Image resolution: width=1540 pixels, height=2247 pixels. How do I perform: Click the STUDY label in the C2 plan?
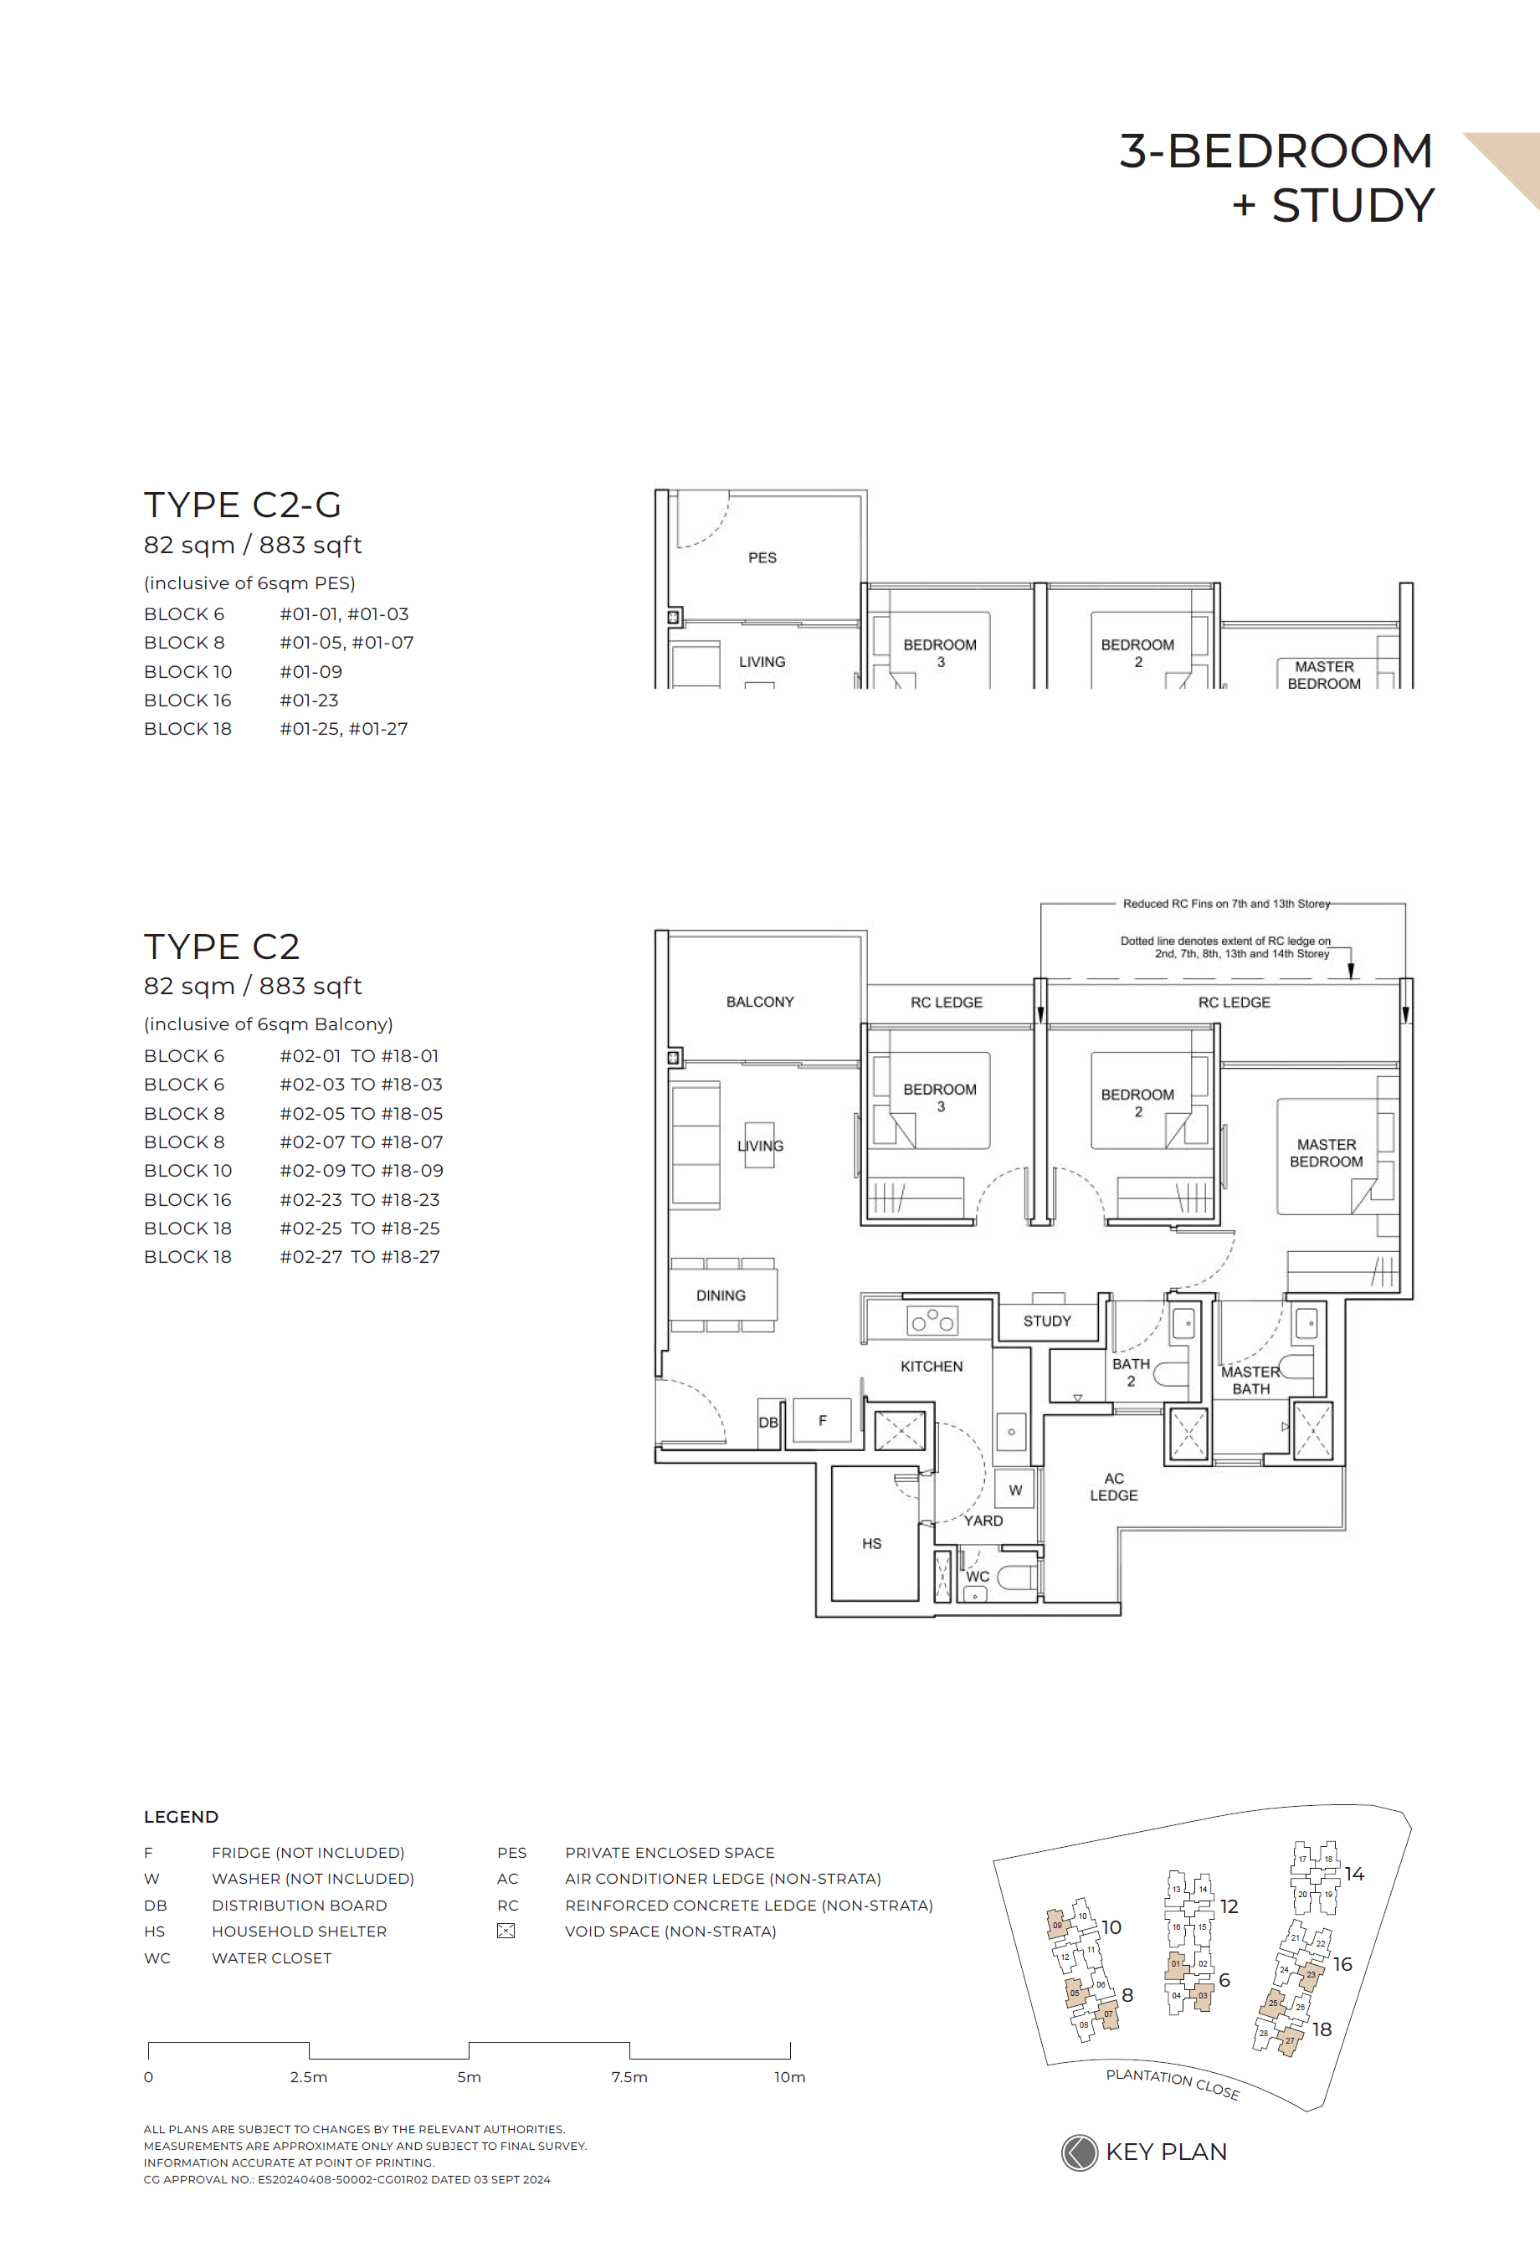1047,1321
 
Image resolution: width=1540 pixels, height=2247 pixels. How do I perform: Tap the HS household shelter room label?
871,1543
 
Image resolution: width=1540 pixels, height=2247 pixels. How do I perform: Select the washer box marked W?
1015,1490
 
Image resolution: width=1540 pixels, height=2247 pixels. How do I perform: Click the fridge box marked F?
822,1420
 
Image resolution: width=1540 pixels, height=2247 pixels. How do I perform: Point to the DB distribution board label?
768,1422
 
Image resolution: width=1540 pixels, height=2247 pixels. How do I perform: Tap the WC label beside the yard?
978,1576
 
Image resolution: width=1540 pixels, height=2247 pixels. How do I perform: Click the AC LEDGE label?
1114,1486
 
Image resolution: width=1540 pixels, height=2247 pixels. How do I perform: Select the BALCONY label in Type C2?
760,1002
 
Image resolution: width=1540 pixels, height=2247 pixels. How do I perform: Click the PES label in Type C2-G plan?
762,558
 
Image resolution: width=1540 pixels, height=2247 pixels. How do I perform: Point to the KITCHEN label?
931,1366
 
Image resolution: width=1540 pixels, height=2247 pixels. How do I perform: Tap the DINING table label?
721,1295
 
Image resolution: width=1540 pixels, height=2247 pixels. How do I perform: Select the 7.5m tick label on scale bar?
629,2077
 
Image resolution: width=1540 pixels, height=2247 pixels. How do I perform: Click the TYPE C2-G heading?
243,505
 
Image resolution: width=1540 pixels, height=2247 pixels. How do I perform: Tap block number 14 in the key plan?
1354,1874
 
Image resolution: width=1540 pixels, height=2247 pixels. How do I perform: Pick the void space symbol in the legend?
506,1931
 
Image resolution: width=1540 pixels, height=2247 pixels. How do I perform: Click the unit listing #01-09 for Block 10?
311,671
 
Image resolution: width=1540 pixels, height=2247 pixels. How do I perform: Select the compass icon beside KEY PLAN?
1079,2152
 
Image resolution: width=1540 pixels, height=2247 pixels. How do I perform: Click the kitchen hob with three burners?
932,1321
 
